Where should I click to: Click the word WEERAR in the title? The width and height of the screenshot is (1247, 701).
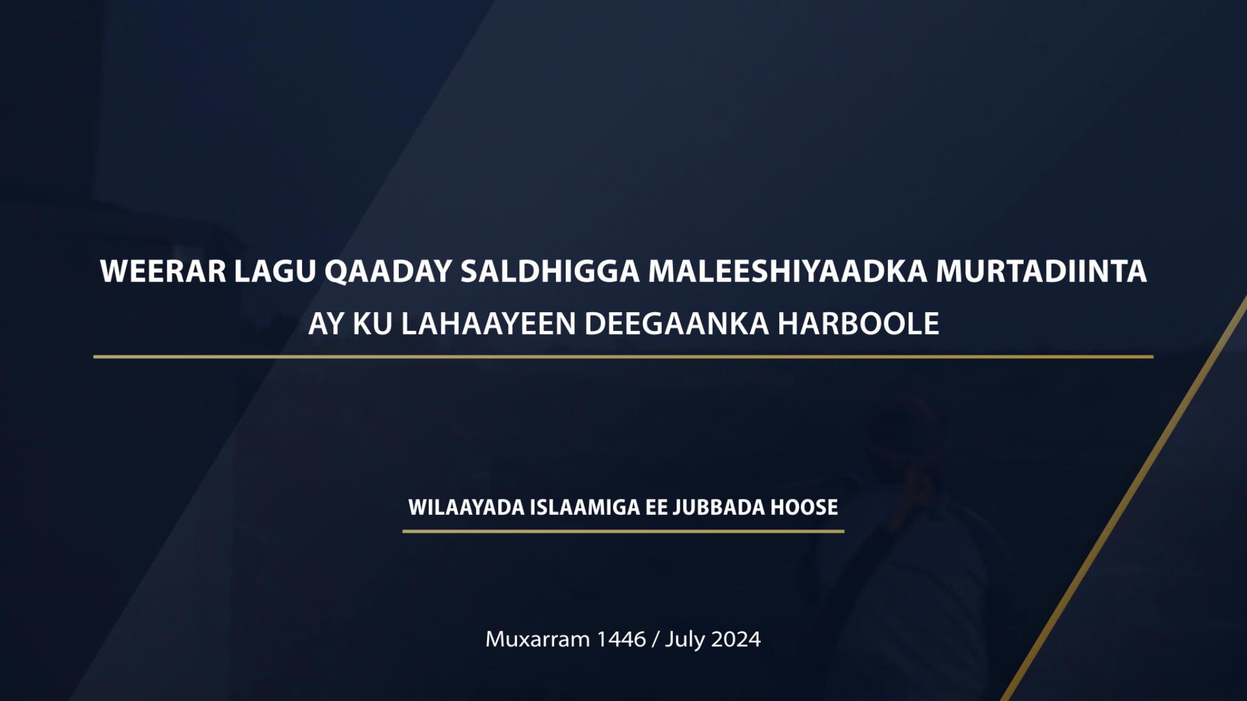pyautogui.click(x=163, y=271)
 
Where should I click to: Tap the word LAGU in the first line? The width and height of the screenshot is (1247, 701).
pyautogui.click(x=275, y=271)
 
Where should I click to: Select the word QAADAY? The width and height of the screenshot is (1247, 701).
pyautogui.click(x=388, y=272)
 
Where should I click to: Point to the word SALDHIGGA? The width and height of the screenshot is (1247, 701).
pyautogui.click(x=550, y=271)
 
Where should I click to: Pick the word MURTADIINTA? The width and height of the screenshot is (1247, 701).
pyautogui.click(x=1041, y=271)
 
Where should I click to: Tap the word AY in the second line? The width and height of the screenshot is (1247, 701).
pyautogui.click(x=326, y=323)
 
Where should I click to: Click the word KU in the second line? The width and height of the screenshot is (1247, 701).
pyautogui.click(x=373, y=323)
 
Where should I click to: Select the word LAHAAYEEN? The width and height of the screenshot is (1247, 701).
pyautogui.click(x=488, y=323)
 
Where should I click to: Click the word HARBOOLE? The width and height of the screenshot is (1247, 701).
pyautogui.click(x=859, y=323)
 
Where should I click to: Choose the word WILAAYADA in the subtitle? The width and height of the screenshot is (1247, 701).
pyautogui.click(x=466, y=507)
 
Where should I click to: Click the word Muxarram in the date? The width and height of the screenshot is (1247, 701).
pyautogui.click(x=538, y=639)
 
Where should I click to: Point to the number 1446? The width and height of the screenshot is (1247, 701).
pyautogui.click(x=621, y=639)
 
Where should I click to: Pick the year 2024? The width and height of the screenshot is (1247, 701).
pyautogui.click(x=736, y=639)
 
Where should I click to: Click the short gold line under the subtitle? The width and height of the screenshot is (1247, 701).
pyautogui.click(x=623, y=531)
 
